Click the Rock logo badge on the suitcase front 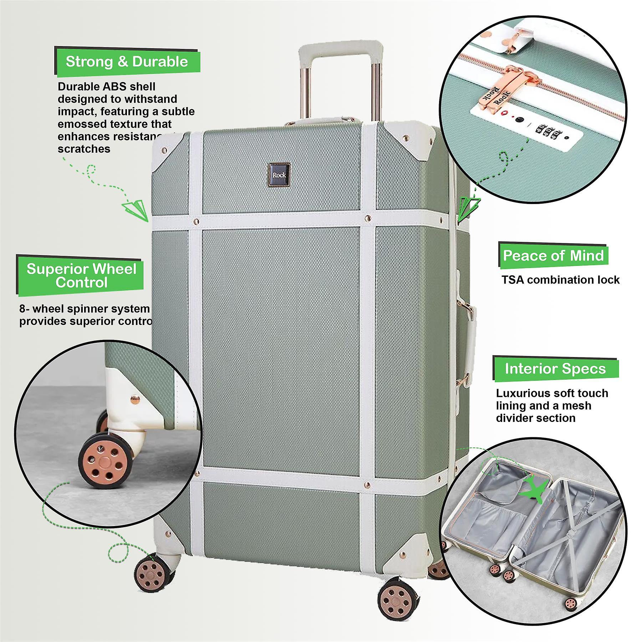click(x=279, y=175)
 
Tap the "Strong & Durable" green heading click(x=127, y=62)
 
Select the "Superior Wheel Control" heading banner click(x=81, y=275)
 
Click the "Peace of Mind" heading click(x=553, y=256)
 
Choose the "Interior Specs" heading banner click(x=555, y=368)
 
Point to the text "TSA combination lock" click(x=560, y=280)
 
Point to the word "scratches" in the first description click(x=84, y=149)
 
